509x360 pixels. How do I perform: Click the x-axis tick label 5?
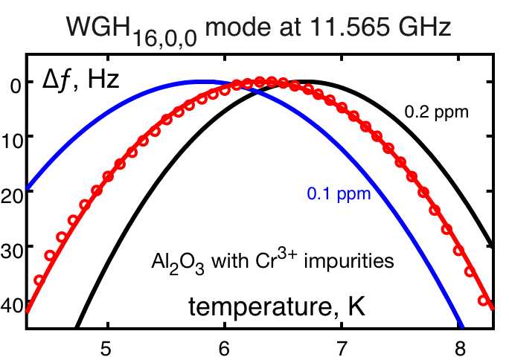(x=108, y=347)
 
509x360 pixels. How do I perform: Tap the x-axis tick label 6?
(x=225, y=347)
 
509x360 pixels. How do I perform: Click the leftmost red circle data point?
(x=39, y=280)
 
